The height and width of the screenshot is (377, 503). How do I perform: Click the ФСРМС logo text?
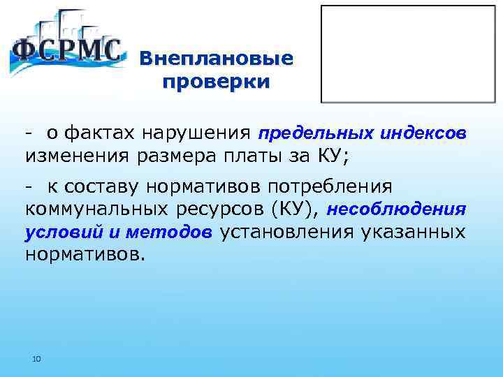click(x=67, y=53)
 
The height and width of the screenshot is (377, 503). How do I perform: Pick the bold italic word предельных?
click(x=307, y=133)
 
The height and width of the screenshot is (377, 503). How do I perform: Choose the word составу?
click(x=100, y=187)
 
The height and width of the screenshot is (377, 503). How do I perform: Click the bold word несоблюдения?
click(x=396, y=209)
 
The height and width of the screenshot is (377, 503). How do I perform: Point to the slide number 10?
click(x=37, y=359)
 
